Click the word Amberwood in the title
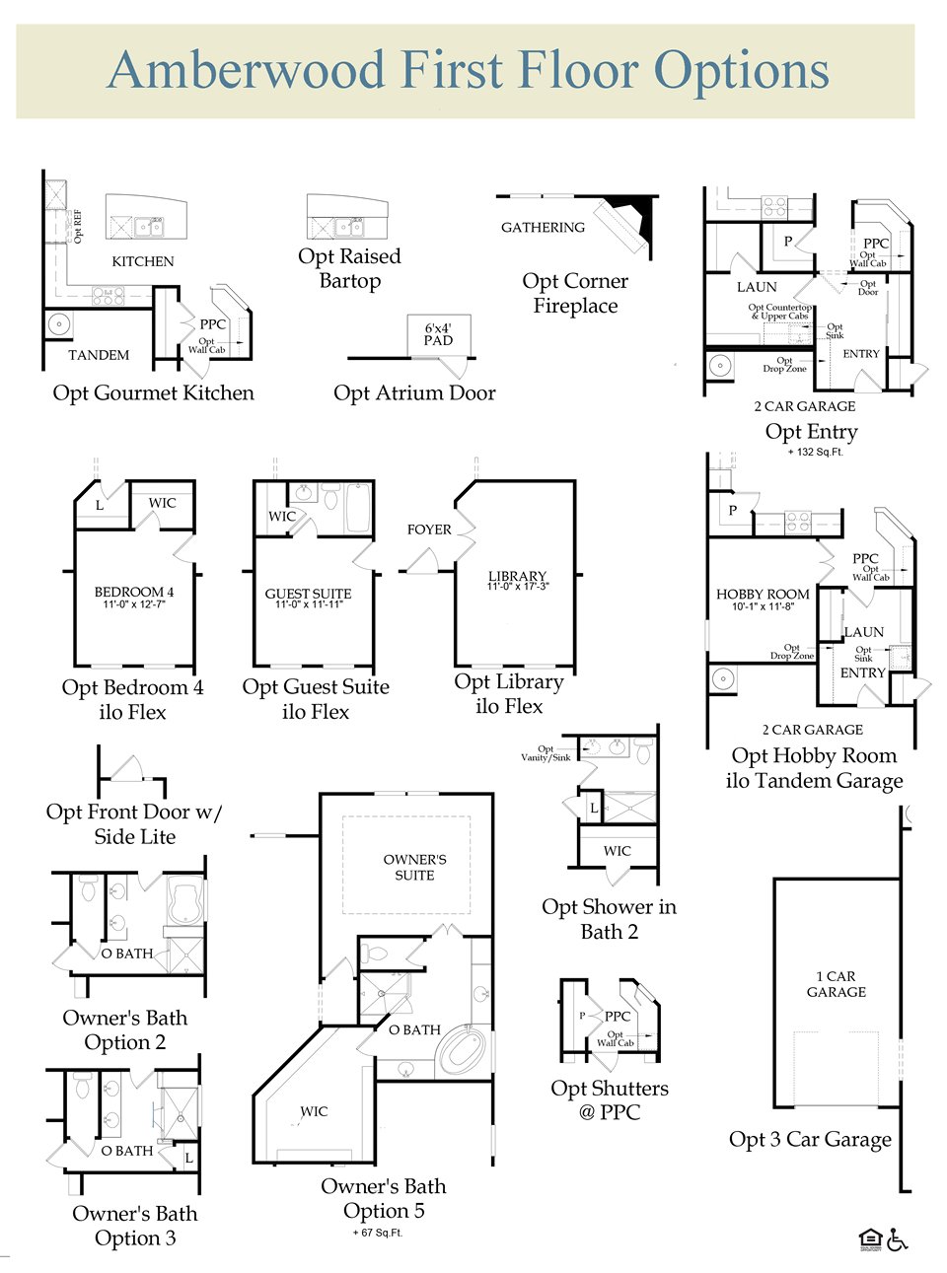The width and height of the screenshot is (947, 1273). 246,71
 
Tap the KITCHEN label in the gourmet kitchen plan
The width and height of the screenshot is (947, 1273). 142,261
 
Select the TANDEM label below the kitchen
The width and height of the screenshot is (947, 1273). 99,355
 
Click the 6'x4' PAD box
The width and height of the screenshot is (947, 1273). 439,334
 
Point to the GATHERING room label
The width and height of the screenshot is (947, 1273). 543,228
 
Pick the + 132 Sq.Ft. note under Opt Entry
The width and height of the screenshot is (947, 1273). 815,453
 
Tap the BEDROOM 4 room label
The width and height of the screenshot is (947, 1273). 134,593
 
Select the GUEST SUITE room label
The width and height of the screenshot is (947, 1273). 308,595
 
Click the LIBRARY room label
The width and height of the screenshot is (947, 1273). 517,576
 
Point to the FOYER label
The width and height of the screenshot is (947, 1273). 429,530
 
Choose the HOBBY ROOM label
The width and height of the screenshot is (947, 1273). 763,595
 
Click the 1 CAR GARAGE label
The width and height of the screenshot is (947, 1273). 837,984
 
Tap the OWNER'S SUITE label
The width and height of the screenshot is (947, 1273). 414,868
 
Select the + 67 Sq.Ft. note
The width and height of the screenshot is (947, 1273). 378,1233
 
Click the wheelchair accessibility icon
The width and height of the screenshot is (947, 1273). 897,1239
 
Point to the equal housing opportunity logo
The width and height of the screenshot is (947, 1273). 869,1239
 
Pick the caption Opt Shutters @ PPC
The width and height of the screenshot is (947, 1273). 610,1100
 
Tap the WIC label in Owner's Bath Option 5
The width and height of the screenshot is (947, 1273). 314,1112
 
